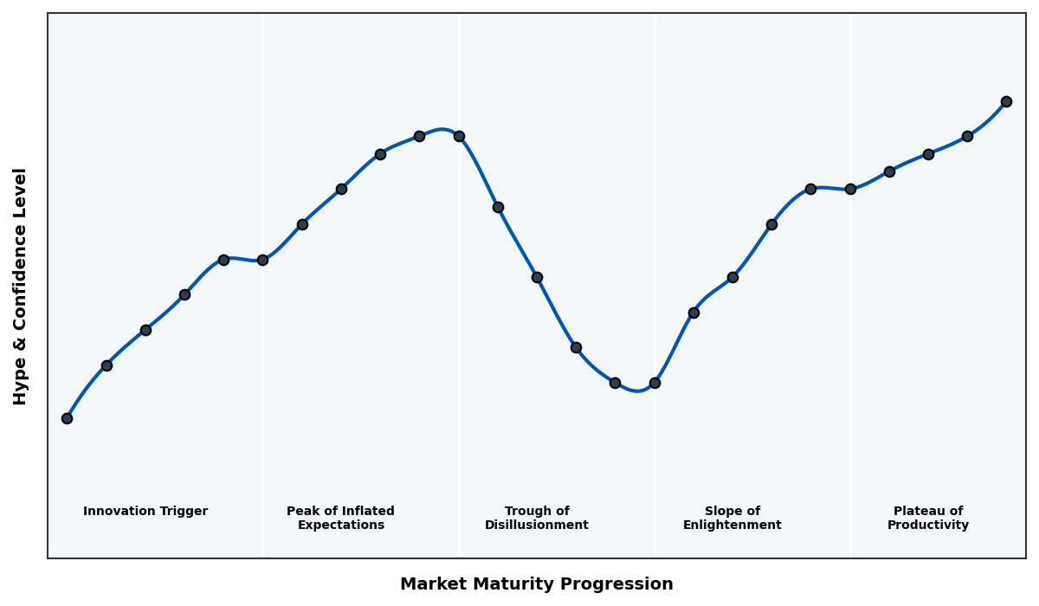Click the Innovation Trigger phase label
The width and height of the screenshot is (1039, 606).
coord(145,512)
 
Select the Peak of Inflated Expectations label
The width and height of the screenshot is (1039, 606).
coord(340,519)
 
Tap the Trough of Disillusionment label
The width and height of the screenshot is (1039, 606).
coord(537,519)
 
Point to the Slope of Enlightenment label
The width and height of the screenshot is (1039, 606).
coord(732,519)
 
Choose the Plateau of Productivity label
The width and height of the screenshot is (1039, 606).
coord(927,519)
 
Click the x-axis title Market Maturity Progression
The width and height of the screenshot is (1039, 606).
coord(536,584)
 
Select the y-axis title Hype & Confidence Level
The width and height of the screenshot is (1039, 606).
coord(21,286)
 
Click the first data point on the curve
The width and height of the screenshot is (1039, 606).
coord(67,418)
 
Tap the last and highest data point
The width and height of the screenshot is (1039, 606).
coord(1006,101)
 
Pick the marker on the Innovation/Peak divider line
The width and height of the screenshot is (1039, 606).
coord(262,260)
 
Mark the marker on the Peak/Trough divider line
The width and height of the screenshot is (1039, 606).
coord(459,136)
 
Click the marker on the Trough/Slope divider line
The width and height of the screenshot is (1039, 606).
coord(655,383)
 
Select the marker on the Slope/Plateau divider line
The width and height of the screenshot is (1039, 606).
coord(850,189)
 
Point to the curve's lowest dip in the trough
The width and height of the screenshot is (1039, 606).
coord(637,390)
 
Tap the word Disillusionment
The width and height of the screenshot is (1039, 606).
coord(537,525)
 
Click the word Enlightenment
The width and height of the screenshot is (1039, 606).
coord(732,525)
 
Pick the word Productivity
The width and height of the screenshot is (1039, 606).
coord(927,525)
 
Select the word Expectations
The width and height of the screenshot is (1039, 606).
coord(340,525)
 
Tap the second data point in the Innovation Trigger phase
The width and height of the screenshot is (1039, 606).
coord(106,365)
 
